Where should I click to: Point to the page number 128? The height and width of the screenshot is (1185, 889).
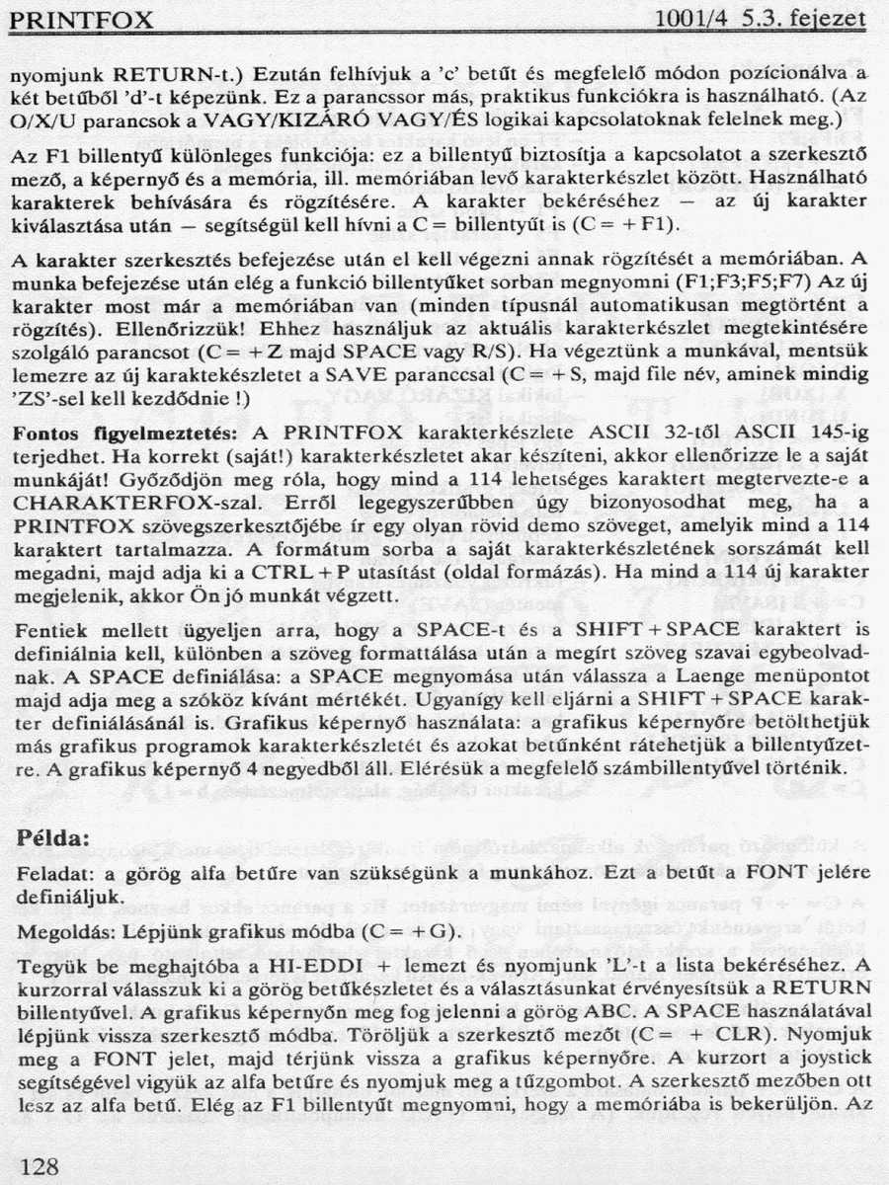click(40, 1166)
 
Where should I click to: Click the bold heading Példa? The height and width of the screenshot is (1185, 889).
click(54, 838)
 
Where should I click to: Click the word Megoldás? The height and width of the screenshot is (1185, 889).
click(58, 930)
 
